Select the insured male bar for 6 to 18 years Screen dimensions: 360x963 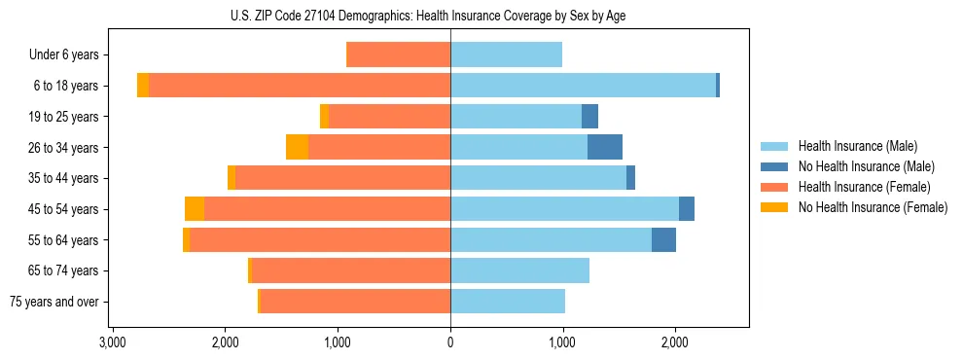583,86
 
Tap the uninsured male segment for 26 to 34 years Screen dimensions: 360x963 604,147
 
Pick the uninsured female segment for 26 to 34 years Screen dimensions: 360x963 297,147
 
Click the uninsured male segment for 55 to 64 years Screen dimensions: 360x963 663,239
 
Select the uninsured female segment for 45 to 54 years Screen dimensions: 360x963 195,209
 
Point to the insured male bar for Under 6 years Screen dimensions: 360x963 506,55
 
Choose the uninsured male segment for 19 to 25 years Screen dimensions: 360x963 589,117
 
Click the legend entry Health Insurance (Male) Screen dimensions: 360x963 857,146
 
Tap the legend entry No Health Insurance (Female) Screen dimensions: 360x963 873,207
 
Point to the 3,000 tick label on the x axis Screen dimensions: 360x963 113,343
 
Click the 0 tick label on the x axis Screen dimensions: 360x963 450,343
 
